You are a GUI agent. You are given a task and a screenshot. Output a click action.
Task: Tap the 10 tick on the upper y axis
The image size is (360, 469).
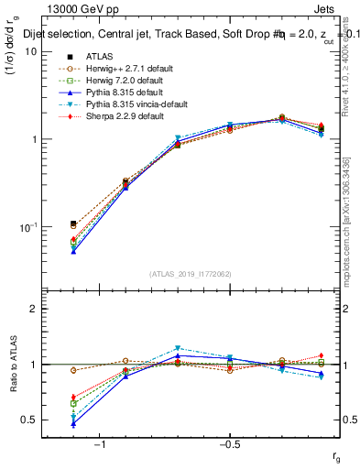[30, 52]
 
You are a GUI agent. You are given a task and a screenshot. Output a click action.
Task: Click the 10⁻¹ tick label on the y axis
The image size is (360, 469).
[27, 227]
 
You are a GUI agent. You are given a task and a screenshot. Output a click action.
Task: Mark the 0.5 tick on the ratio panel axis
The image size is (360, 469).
[29, 420]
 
